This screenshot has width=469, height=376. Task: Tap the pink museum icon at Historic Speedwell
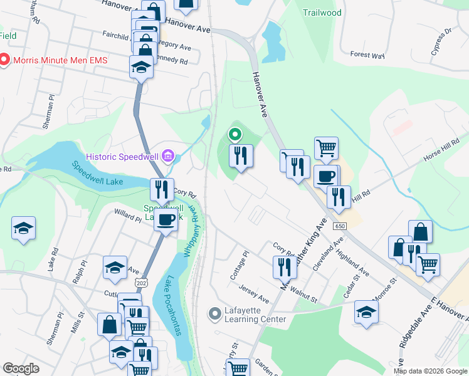pyautogui.click(x=168, y=156)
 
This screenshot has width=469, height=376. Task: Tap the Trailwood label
pyautogui.click(x=322, y=13)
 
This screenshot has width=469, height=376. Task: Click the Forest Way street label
pyautogui.click(x=367, y=55)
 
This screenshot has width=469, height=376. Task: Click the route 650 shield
pyautogui.click(x=340, y=226)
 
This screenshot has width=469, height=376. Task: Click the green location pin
pyautogui.click(x=235, y=134)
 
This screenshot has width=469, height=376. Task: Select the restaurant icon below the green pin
pyautogui.click(x=241, y=155)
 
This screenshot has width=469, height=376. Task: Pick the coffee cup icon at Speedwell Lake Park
pyautogui.click(x=166, y=220)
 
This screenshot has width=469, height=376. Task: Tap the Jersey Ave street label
pyautogui.click(x=254, y=294)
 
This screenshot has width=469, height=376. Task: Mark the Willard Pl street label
pyautogui.click(x=128, y=216)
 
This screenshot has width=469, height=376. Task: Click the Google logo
pyautogui.click(x=21, y=368)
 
